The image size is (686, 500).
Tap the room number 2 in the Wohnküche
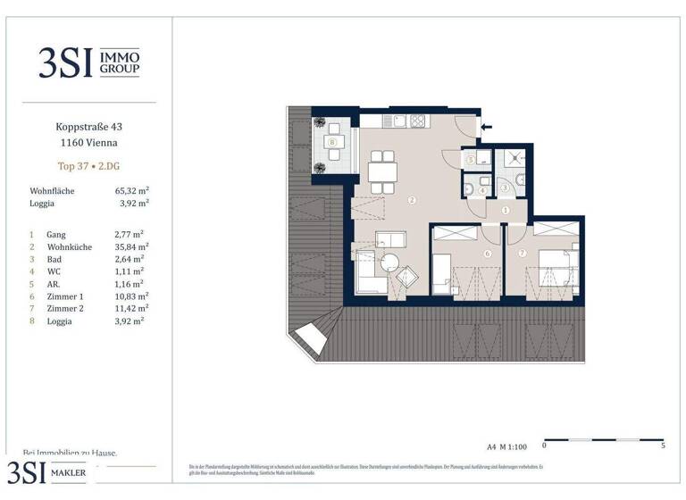click(x=412, y=200)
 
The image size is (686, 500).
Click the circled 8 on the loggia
click(x=332, y=142)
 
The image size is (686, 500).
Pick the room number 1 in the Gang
click(x=505, y=211)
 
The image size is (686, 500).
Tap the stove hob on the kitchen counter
click(x=415, y=121)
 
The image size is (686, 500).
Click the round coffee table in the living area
click(x=390, y=262)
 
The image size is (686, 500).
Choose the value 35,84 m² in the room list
click(x=131, y=246)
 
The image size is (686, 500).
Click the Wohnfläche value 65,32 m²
click(x=131, y=191)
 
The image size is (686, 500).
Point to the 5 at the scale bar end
click(x=662, y=445)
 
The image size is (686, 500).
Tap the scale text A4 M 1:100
click(x=507, y=445)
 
